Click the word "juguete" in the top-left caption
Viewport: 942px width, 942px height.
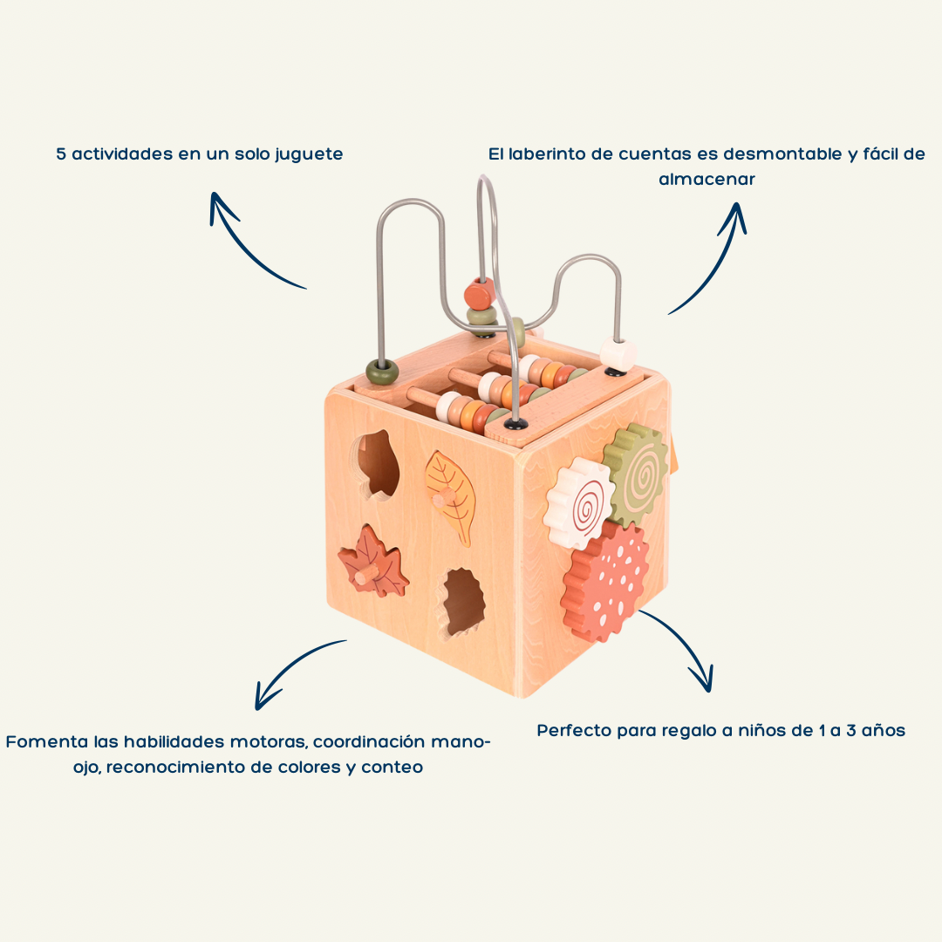tap(309, 154)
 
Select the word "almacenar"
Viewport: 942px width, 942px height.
tap(706, 179)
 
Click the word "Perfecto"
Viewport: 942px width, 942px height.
tap(574, 730)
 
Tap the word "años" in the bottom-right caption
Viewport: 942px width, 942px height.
tap(883, 730)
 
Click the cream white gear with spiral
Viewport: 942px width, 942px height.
tap(578, 504)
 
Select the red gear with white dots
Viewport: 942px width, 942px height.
tap(606, 580)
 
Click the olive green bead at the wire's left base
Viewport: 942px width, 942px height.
tap(381, 370)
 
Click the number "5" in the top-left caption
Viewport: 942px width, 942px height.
tap(61, 154)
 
